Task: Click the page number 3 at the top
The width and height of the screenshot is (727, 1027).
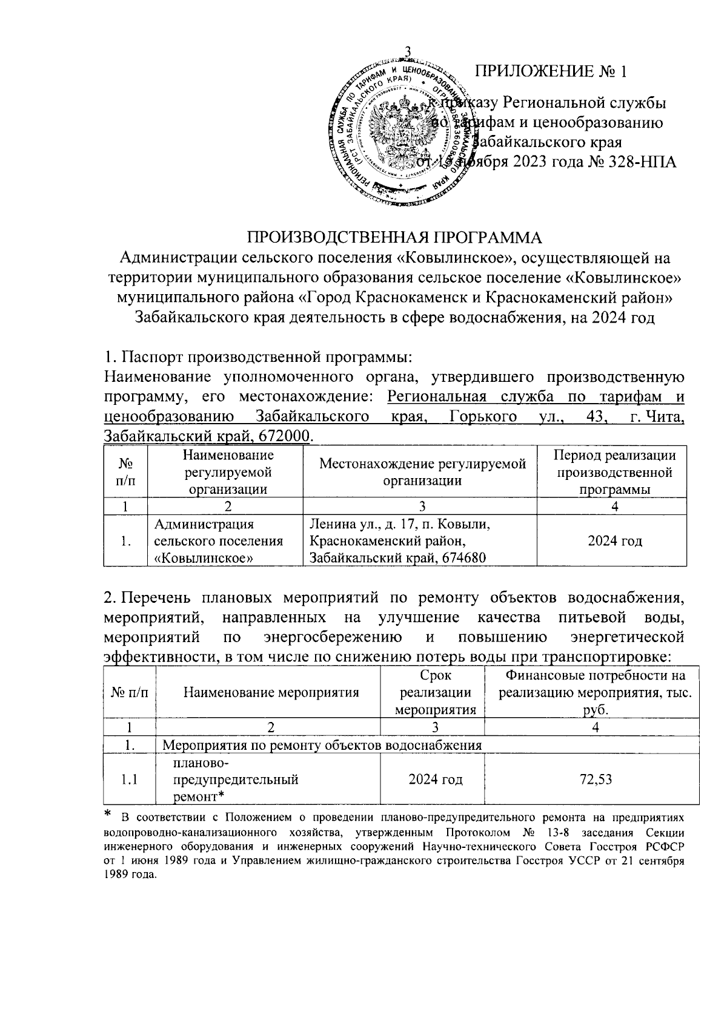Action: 407,52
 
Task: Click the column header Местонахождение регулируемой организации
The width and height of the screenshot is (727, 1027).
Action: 422,472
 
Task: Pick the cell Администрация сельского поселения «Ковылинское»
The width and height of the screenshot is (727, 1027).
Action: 219,540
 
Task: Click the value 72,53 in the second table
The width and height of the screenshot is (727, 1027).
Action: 595,779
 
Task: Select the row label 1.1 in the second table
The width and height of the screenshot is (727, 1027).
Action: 128,779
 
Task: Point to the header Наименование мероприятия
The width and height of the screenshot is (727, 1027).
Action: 271,692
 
